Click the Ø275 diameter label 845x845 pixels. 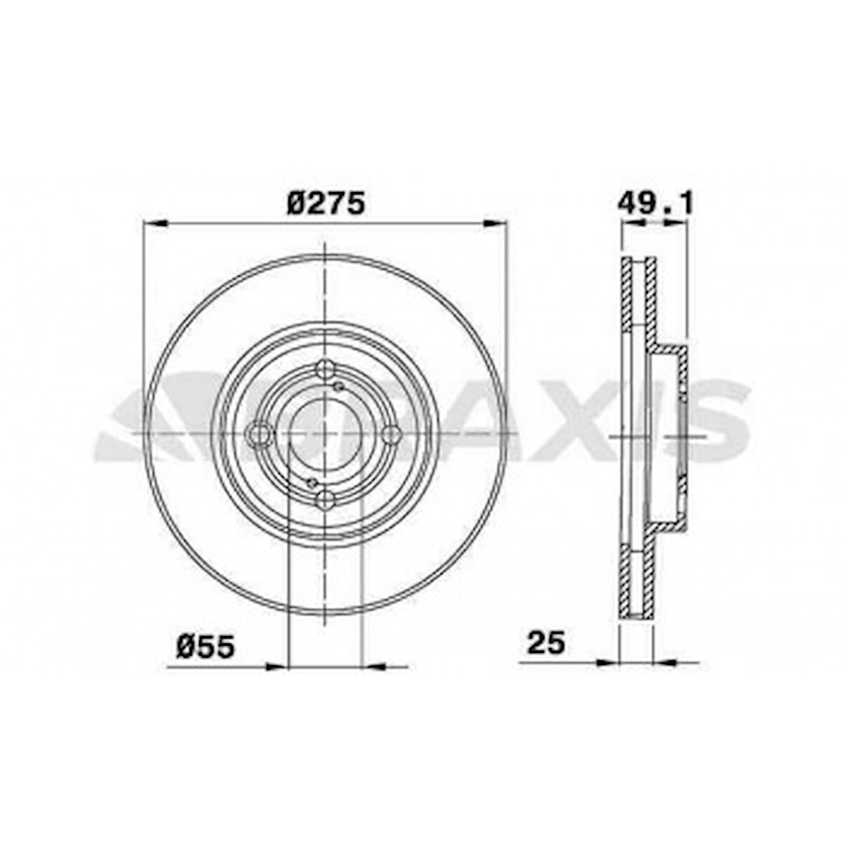(326, 203)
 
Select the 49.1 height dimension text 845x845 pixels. (655, 203)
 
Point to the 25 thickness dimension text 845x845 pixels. (546, 642)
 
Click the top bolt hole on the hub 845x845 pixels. (325, 370)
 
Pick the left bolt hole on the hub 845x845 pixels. (258, 434)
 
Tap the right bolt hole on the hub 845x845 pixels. (391, 434)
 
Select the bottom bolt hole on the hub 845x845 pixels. (325, 498)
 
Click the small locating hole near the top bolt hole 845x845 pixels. (339, 387)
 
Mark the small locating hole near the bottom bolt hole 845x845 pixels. (312, 482)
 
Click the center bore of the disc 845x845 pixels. (325, 434)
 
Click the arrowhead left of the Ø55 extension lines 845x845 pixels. (276, 667)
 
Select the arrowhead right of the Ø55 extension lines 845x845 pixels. (375, 667)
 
